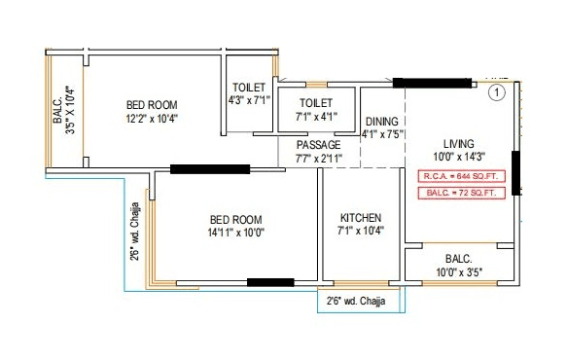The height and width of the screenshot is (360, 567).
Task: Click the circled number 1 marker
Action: (496, 93)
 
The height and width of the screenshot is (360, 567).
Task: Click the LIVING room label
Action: (458, 142)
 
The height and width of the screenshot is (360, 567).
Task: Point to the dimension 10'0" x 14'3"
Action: (458, 157)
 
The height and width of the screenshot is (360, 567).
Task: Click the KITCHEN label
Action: (360, 217)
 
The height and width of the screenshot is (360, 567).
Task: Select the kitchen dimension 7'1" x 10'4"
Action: (360, 232)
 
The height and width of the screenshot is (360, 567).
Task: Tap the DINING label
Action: (383, 122)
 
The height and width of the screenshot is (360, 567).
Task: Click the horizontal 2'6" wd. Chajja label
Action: (356, 301)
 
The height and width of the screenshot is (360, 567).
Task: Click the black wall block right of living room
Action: (515, 174)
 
